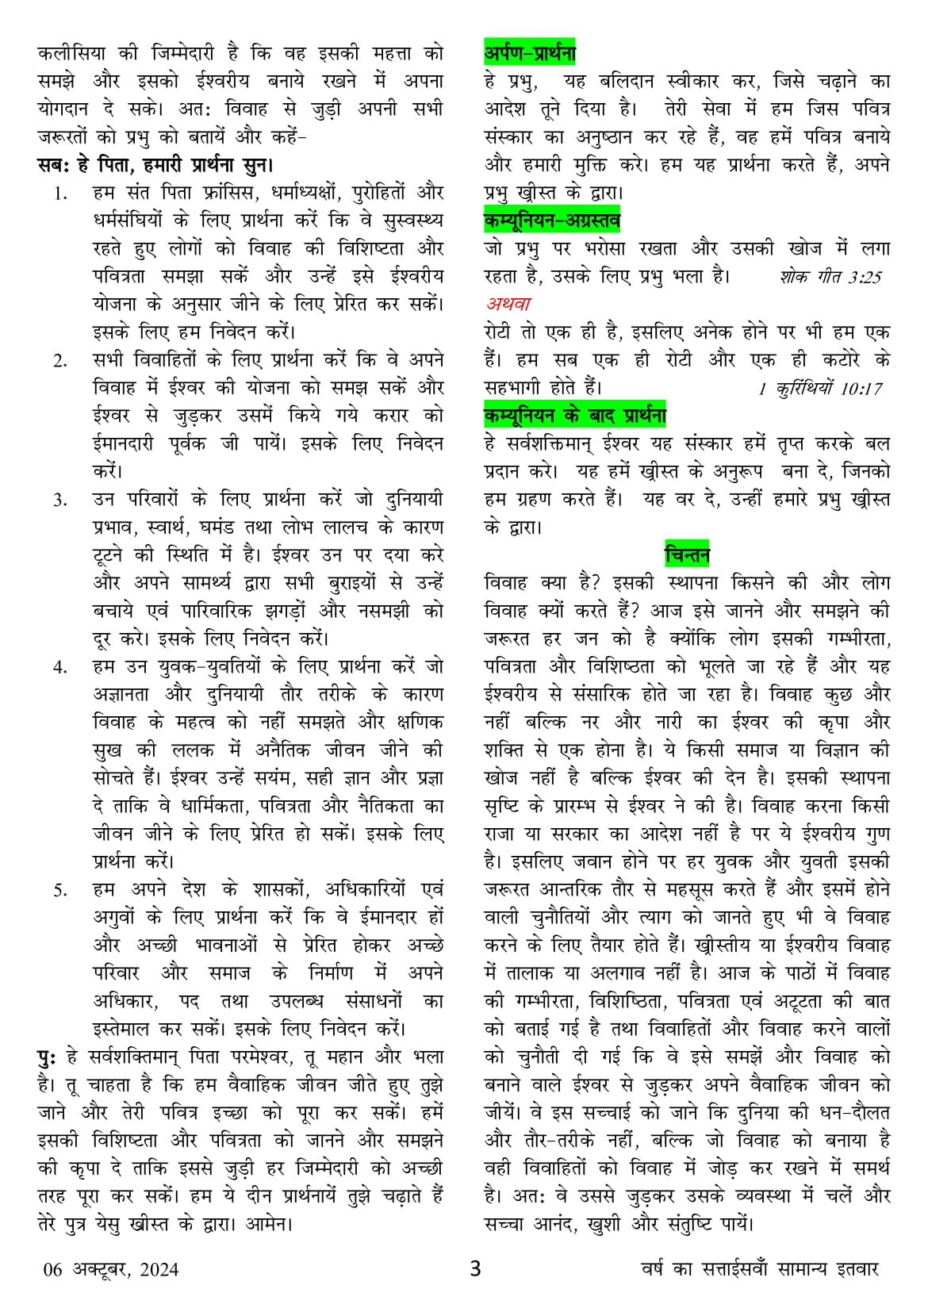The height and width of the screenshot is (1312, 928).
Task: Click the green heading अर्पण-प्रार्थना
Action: [529, 53]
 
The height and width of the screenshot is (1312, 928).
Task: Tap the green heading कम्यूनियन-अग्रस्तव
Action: [552, 220]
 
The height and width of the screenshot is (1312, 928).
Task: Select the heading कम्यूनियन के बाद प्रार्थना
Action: [575, 415]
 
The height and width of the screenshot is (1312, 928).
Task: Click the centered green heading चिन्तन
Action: [687, 554]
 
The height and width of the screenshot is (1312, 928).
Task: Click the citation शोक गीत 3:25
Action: [830, 277]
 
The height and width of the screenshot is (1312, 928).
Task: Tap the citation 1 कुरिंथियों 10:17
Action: [820, 389]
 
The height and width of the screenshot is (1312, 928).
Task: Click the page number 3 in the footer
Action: [475, 1268]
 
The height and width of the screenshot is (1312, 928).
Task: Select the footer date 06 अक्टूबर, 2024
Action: [111, 1269]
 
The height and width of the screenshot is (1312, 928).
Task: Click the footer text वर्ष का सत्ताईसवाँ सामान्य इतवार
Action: [760, 1268]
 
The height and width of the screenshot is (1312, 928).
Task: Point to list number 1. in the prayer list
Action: [61, 194]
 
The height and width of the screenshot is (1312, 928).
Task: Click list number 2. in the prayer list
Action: [61, 361]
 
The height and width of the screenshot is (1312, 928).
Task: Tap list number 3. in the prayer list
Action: [61, 501]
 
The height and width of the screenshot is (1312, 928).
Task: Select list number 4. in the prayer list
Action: [61, 667]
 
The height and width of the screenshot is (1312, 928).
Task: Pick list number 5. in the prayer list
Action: [61, 890]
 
